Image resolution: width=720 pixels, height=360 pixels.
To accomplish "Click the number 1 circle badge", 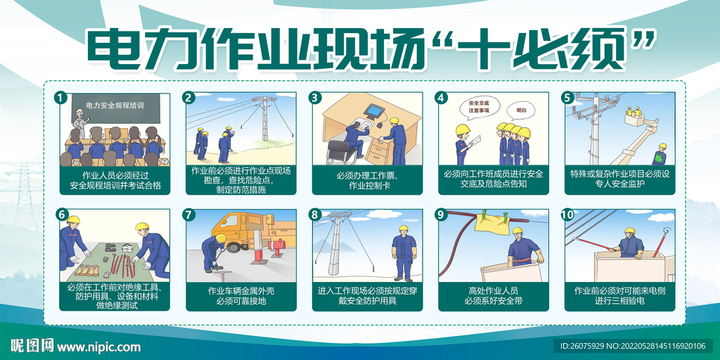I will click(61, 98).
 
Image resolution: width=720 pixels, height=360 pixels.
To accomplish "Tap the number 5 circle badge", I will click(567, 98).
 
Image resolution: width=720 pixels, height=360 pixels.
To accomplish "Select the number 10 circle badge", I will click(567, 214).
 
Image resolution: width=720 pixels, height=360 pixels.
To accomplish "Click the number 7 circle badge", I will click(188, 214).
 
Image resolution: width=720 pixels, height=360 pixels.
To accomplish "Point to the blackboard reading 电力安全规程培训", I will click(120, 107).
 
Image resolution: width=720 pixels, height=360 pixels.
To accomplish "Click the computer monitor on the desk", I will click(375, 111).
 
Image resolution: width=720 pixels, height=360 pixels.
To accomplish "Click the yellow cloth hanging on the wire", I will click(491, 220).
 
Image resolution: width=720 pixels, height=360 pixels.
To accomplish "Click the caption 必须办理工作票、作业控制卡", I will click(368, 181).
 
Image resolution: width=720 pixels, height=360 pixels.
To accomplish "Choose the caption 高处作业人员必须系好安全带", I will click(493, 296).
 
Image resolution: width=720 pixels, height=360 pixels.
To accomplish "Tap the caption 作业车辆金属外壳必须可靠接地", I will click(241, 296).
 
